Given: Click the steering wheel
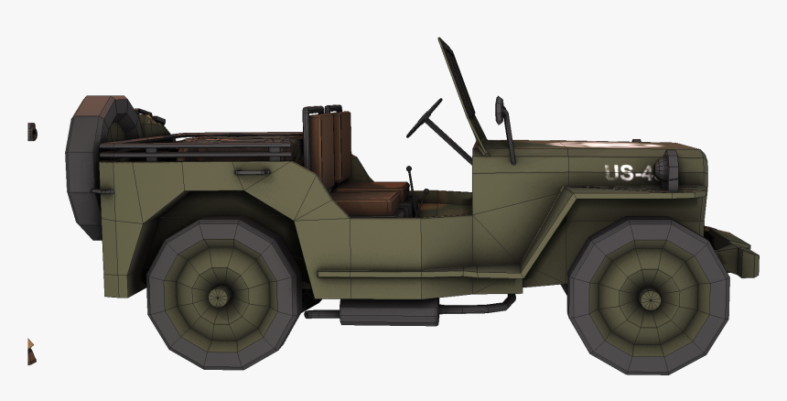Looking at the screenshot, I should click(x=425, y=118).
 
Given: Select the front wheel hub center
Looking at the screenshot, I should click(x=648, y=298).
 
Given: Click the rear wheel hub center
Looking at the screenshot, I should click(x=220, y=296).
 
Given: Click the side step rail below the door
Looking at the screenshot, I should click(x=412, y=273).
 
